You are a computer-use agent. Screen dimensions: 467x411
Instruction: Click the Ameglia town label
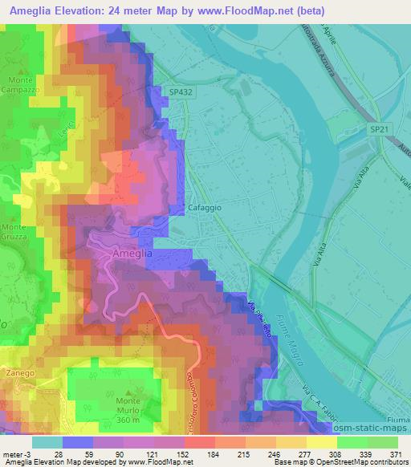(x=128, y=254)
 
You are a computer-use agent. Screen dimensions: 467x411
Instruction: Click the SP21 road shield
(x=380, y=128)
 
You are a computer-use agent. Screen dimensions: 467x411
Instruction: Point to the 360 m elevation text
(x=128, y=419)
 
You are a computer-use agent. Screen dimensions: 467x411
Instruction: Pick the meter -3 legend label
(x=16, y=454)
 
